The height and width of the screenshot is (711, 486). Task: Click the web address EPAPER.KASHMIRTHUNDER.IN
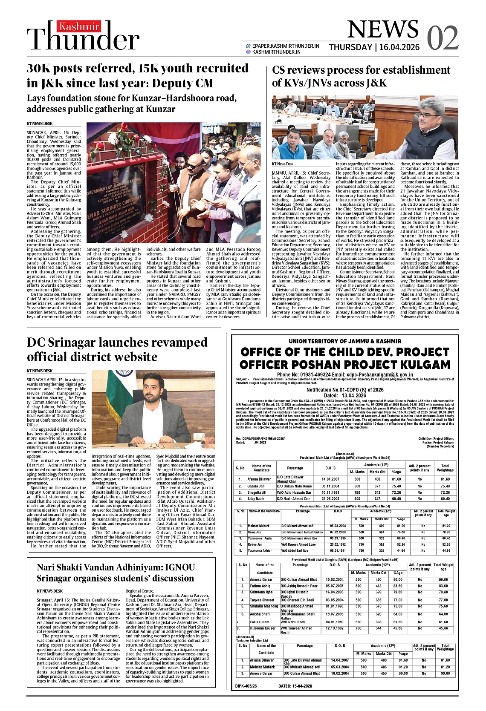pos(285,46)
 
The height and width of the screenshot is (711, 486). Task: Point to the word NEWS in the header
pos(383,29)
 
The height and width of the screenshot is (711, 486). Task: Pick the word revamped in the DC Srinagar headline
pos(176,343)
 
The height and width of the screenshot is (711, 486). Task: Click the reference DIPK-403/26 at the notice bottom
pos(246,686)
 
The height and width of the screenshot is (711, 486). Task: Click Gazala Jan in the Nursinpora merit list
pos(256,486)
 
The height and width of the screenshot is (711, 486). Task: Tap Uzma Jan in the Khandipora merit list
pos(254,532)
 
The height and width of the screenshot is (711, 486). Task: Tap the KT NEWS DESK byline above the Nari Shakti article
pos(49,591)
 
